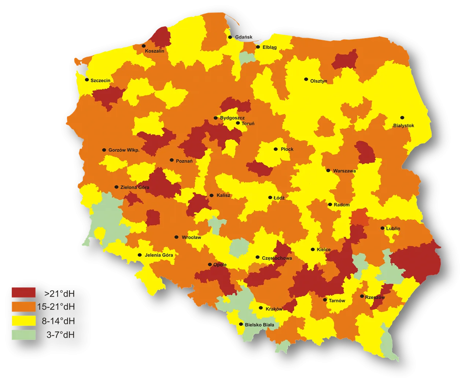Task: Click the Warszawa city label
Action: [344, 171]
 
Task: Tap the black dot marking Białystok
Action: [402, 118]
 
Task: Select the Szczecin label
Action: [100, 81]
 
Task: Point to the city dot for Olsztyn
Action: [306, 79]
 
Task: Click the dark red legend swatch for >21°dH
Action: [23, 293]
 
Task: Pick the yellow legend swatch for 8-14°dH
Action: [23, 321]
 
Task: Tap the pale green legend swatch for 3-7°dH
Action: [23, 335]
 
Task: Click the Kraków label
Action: [274, 309]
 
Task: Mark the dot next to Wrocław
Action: [176, 237]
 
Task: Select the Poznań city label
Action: [184, 161]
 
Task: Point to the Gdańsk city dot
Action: [230, 37]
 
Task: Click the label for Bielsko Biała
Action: [259, 325]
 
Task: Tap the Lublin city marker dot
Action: [382, 228]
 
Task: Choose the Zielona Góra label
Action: [134, 187]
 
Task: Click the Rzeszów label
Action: [375, 297]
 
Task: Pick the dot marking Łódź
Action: [270, 197]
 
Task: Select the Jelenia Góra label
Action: [159, 255]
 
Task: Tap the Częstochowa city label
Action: [277, 258]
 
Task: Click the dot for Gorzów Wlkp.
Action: [104, 150]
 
